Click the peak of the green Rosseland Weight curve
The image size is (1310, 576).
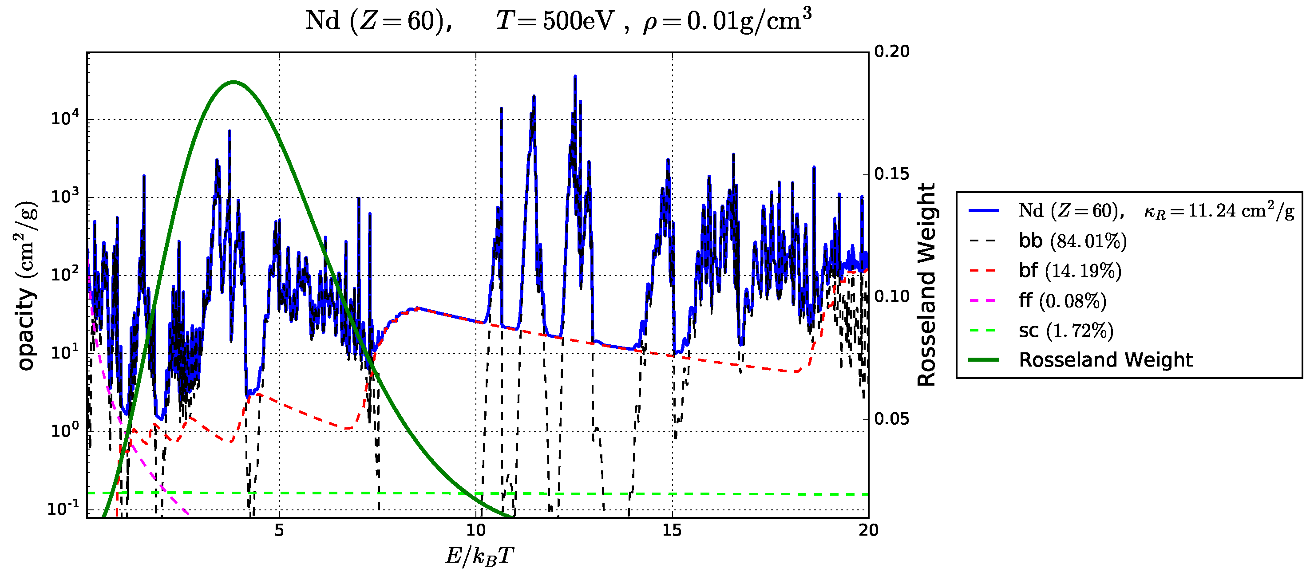pyautogui.click(x=234, y=82)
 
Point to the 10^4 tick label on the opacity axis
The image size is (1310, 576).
pyautogui.click(x=65, y=119)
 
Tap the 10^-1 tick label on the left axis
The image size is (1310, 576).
pyautogui.click(x=63, y=509)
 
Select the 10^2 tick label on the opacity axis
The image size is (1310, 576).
pyautogui.click(x=65, y=275)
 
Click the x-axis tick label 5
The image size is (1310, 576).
pyautogui.click(x=279, y=530)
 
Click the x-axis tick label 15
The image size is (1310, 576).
pyautogui.click(x=672, y=530)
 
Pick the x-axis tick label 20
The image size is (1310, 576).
pyautogui.click(x=868, y=530)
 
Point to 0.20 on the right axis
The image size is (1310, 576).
pyautogui.click(x=891, y=51)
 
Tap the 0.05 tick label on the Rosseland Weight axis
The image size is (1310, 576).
pyautogui.click(x=891, y=419)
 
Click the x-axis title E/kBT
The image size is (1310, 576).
pyautogui.click(x=479, y=556)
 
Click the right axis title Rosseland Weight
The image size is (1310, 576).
pyautogui.click(x=926, y=285)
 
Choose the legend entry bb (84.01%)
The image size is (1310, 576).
pyautogui.click(x=1072, y=241)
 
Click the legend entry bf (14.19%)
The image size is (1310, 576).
pyautogui.click(x=1069, y=270)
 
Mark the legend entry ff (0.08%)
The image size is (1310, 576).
pyautogui.click(x=1062, y=300)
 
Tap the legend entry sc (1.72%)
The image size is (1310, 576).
pyautogui.click(x=1065, y=331)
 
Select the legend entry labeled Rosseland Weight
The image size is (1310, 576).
pyautogui.click(x=1105, y=360)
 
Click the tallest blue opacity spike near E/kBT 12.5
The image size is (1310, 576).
pyautogui.click(x=574, y=76)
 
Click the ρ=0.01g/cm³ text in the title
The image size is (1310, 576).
pyautogui.click(x=727, y=21)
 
